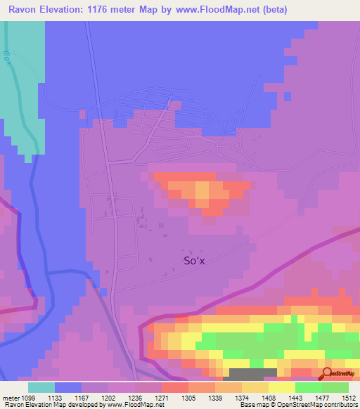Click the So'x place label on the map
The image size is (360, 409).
coord(193,261)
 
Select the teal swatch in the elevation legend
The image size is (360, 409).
coord(41,387)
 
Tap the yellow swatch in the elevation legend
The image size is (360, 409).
coord(281,387)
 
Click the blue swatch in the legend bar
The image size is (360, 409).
coord(68,387)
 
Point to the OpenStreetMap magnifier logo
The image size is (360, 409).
coord(326,373)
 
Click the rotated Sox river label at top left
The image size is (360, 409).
coord(6,56)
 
